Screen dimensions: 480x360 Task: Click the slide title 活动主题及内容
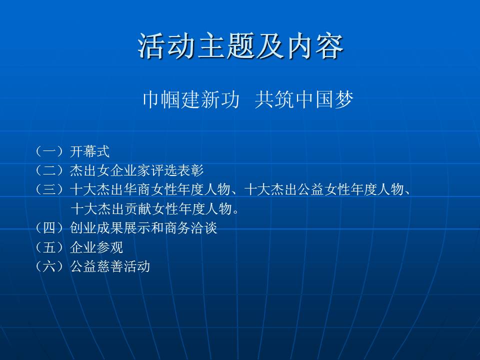pos(240,46)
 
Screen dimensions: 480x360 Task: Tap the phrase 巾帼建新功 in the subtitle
pos(191,99)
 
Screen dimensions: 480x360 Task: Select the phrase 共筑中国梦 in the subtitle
pos(304,99)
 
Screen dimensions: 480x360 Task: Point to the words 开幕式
pos(89,151)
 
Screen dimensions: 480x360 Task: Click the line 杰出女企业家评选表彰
pos(137,170)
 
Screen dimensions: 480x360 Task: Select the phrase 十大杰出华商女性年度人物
pos(150,189)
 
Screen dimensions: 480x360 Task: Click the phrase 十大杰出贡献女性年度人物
pos(151,209)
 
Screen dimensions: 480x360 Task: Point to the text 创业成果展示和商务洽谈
pos(143,228)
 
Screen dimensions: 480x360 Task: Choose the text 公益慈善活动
pos(110,266)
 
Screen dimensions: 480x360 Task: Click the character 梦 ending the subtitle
pos(344,99)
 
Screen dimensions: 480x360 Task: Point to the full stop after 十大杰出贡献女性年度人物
pos(235,212)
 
